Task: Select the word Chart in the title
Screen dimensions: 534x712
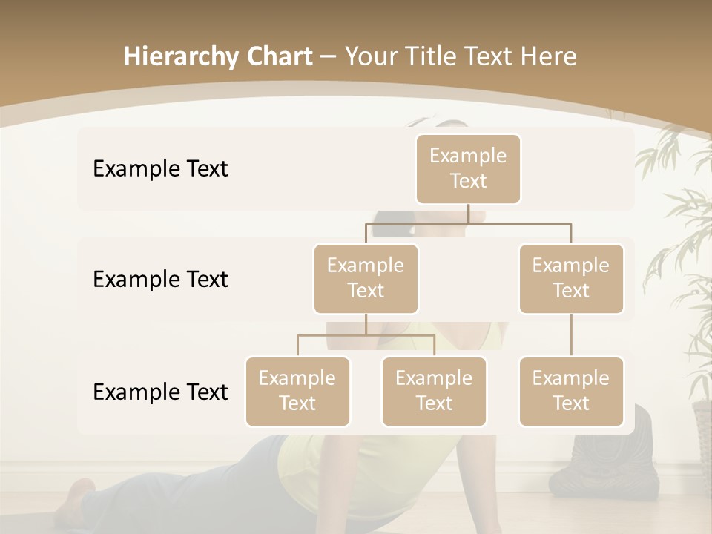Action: (276, 57)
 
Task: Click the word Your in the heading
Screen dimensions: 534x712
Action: (371, 57)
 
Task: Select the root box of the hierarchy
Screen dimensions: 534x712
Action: (468, 169)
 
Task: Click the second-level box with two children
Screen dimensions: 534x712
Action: (366, 278)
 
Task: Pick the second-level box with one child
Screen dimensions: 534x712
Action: (571, 278)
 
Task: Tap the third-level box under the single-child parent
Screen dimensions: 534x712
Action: (571, 391)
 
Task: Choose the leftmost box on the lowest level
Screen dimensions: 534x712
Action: (297, 391)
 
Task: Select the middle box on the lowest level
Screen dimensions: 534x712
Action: (434, 391)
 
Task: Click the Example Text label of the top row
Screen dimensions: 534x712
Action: (160, 169)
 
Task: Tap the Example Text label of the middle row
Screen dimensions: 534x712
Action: (160, 280)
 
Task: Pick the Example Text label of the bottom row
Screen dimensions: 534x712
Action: (160, 392)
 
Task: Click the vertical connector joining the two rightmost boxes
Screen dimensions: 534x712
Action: (571, 335)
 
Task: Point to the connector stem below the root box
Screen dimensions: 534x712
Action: (468, 214)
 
